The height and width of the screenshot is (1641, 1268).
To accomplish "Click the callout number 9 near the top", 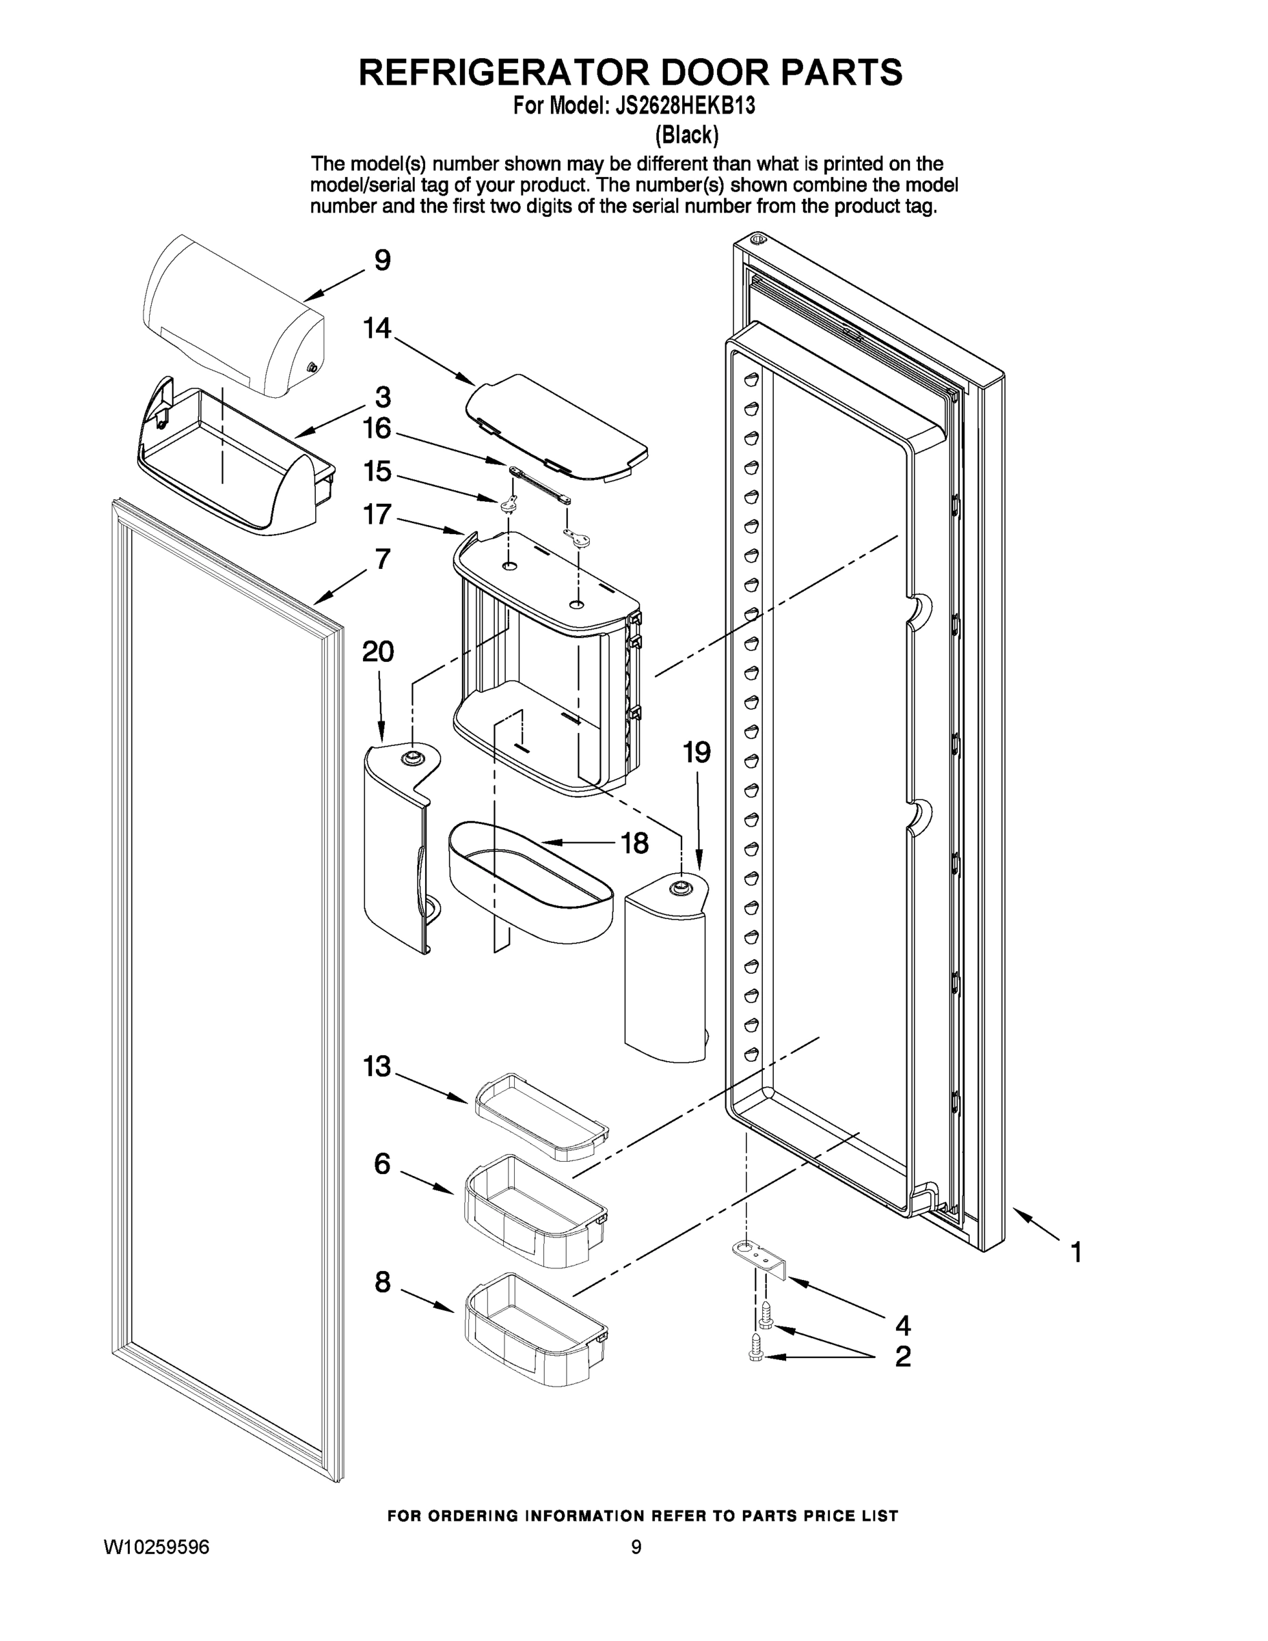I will (x=382, y=261).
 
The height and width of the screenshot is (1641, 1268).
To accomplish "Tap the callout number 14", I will (x=377, y=328).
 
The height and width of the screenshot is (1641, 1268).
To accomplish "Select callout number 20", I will (x=378, y=652).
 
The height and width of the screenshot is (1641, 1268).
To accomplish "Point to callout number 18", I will (x=635, y=843).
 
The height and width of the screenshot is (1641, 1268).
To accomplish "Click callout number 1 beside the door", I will (x=1076, y=1252).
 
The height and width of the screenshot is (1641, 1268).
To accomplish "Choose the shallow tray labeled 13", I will (x=539, y=1115).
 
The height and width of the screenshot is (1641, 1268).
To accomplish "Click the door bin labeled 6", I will (x=535, y=1210).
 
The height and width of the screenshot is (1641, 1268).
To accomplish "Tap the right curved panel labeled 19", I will (x=666, y=970).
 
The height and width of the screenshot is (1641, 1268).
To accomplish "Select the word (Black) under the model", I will (x=686, y=135).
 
